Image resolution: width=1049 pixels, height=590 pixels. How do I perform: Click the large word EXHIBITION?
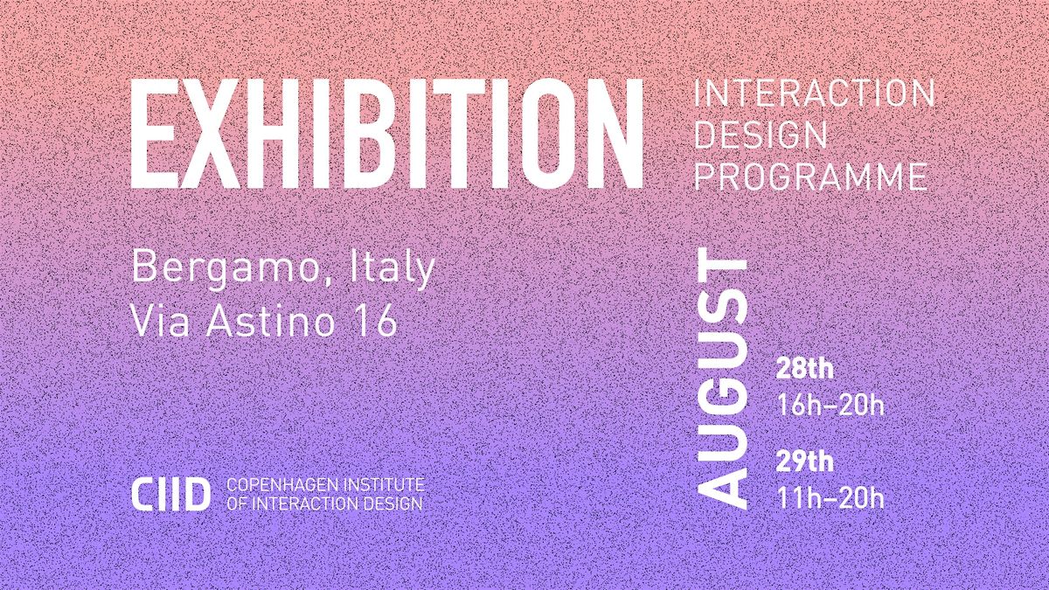[386, 134]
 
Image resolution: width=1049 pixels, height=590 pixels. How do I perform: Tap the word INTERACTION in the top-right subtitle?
[814, 94]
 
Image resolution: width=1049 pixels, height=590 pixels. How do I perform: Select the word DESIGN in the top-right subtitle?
[761, 135]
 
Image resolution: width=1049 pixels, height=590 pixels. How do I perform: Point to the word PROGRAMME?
[810, 176]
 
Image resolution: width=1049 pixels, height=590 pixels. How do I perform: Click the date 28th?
[805, 369]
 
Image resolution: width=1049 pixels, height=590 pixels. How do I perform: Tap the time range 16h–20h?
[830, 404]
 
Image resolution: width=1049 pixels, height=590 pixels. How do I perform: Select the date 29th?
[805, 462]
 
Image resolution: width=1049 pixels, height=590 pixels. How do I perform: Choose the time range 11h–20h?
[830, 497]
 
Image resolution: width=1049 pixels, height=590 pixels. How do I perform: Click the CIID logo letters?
[170, 494]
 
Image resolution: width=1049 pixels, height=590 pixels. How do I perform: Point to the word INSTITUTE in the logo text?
[384, 484]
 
